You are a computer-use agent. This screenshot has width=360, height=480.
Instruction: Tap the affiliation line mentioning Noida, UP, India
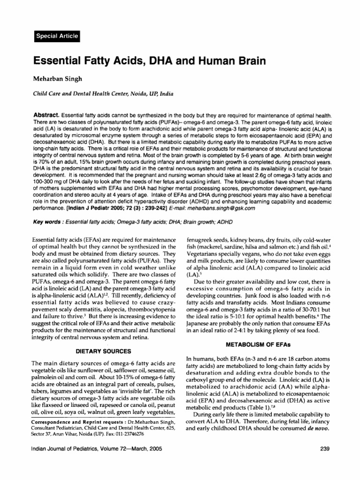(x=99, y=93)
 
